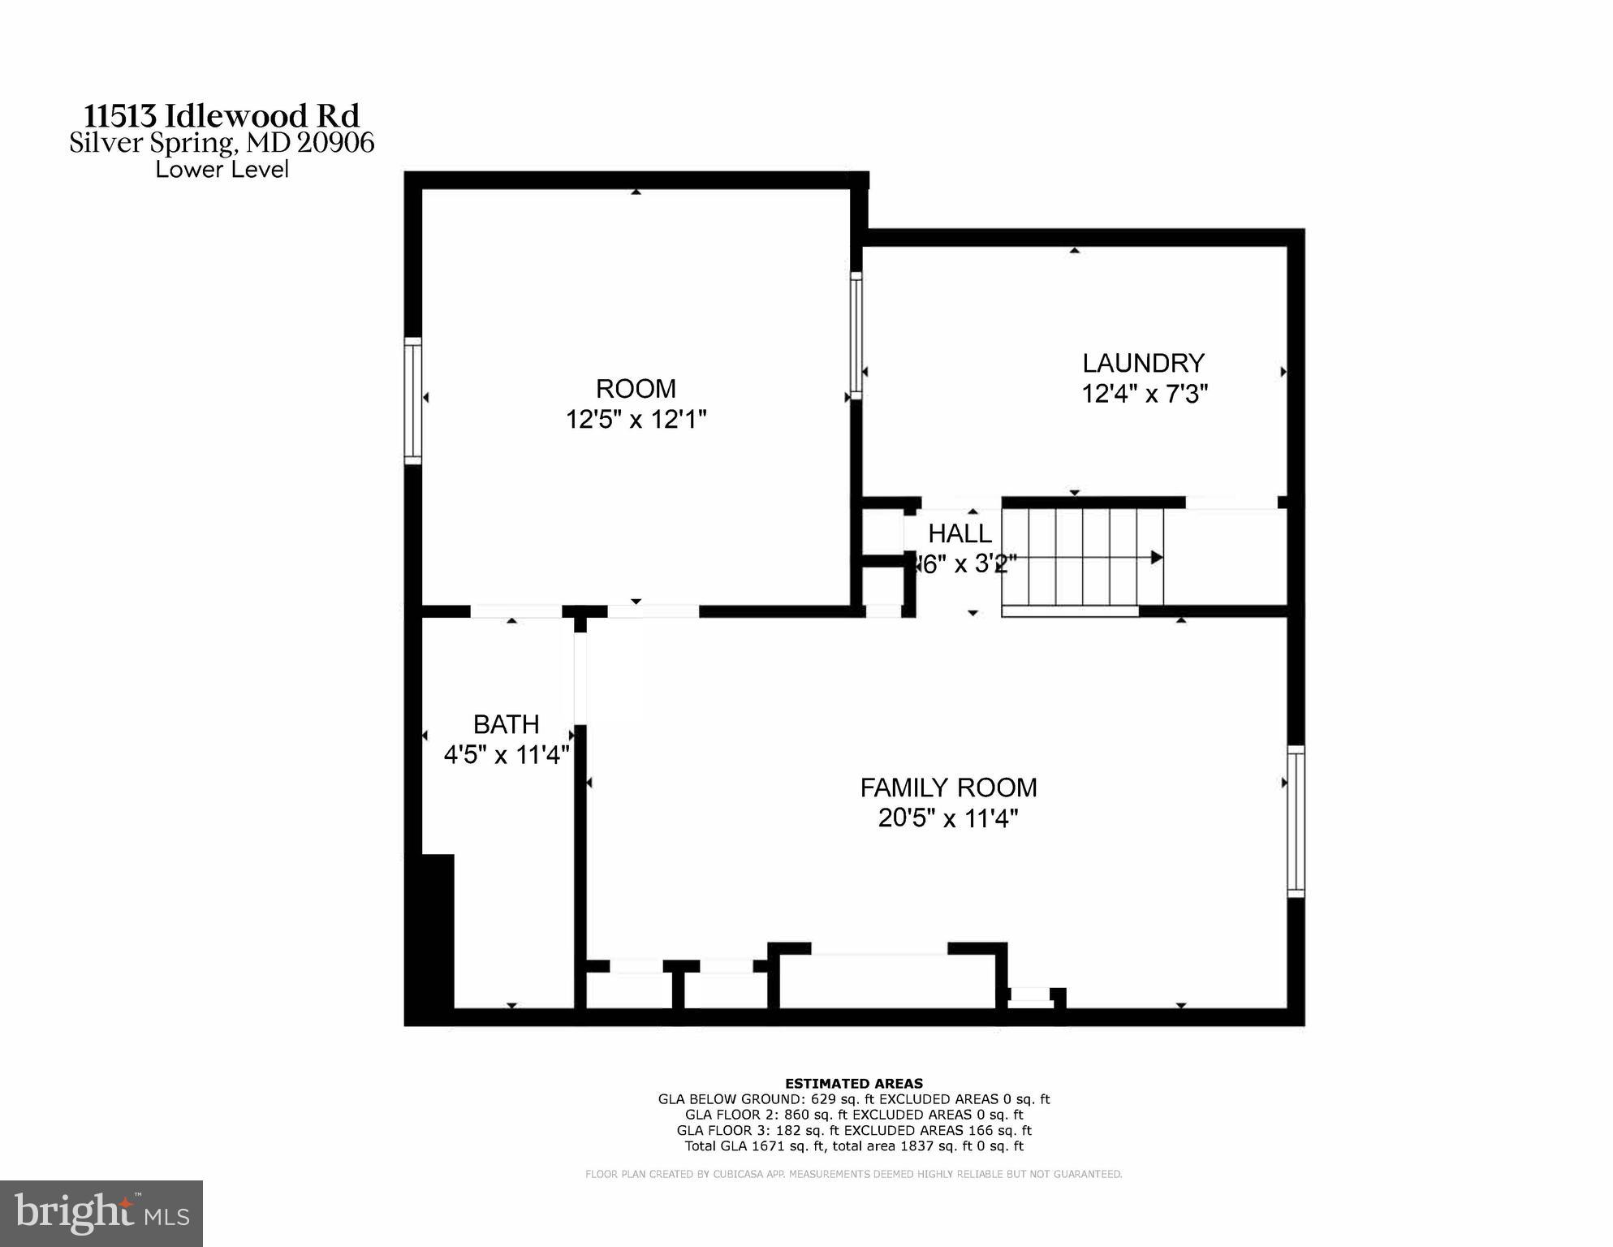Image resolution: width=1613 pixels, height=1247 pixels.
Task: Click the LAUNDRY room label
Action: tap(1142, 363)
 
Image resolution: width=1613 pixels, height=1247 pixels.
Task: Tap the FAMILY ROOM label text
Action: tap(948, 787)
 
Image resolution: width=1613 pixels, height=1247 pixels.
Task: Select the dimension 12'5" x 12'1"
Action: tap(636, 420)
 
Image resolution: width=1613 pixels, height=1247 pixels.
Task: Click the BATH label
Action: tap(506, 724)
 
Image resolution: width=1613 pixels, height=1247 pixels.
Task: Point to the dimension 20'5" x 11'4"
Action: tap(948, 818)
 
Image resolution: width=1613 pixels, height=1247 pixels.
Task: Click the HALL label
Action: tap(960, 533)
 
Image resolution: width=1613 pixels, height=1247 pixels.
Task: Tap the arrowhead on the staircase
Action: tap(1157, 558)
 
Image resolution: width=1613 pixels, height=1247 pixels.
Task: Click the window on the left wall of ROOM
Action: tap(413, 401)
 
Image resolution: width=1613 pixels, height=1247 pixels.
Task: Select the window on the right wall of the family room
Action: tap(1296, 821)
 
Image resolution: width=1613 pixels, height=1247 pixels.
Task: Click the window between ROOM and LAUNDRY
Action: tap(856, 334)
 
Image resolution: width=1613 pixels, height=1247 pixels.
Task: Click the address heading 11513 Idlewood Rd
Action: tap(222, 115)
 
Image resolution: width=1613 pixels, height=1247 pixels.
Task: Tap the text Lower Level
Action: tap(222, 170)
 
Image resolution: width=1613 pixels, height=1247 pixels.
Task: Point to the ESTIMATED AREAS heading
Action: tap(853, 1083)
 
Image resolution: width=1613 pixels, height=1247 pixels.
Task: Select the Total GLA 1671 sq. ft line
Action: tap(853, 1146)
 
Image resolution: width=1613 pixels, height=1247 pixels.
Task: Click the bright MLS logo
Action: tap(101, 1213)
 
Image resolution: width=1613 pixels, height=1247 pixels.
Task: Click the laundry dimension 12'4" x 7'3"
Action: tap(1144, 395)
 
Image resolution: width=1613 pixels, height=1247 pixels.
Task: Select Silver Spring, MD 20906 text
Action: tap(222, 144)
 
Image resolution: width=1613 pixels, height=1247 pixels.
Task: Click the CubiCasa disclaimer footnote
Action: tap(853, 1174)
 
